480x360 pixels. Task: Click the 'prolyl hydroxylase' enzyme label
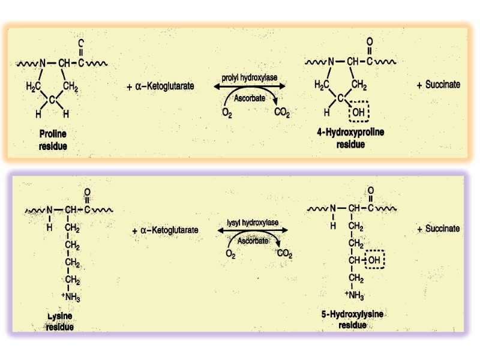click(x=250, y=79)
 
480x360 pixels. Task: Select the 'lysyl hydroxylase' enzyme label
click(x=253, y=223)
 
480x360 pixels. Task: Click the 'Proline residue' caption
click(x=53, y=139)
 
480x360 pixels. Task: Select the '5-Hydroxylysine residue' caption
click(x=353, y=319)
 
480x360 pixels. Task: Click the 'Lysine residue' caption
click(x=60, y=321)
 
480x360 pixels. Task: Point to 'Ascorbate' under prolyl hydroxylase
click(x=250, y=98)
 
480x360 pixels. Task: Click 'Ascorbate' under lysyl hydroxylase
click(x=253, y=241)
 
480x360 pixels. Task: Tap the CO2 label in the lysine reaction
click(x=285, y=254)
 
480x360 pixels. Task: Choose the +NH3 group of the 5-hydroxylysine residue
click(x=355, y=295)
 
